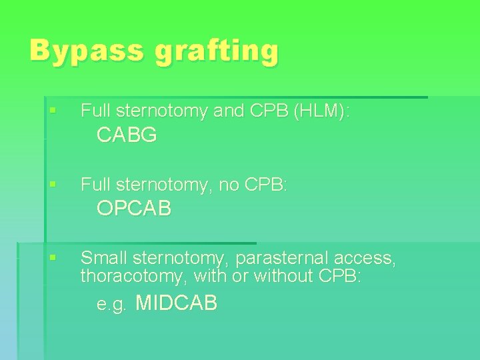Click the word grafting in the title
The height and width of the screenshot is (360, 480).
(x=217, y=52)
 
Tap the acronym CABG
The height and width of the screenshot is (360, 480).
(x=127, y=135)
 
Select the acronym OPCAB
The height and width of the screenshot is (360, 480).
(x=134, y=209)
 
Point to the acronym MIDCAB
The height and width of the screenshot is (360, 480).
(x=176, y=304)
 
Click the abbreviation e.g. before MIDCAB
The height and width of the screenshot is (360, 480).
(x=111, y=305)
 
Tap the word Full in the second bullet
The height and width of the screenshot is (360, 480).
(x=95, y=184)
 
